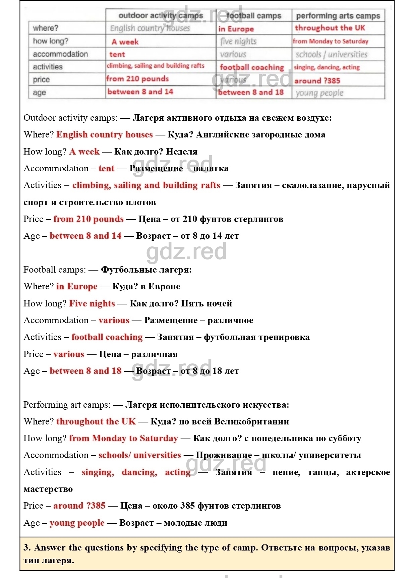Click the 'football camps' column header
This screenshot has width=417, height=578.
tap(254, 16)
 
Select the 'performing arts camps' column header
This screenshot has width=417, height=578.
tap(338, 16)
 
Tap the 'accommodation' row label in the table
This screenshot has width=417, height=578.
tap(60, 54)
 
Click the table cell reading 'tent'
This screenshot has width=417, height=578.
tap(117, 54)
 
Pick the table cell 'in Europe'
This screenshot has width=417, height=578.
tap(236, 29)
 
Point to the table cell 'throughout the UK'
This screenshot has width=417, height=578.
tap(330, 28)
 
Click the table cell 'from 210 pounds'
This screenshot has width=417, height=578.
tap(137, 79)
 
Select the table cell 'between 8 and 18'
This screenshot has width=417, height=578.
tap(251, 92)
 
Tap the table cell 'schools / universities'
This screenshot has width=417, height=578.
tap(331, 54)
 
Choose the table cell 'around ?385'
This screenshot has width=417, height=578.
tap(317, 81)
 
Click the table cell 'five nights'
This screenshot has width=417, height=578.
tap(238, 41)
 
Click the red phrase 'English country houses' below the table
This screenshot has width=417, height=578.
tap(105, 134)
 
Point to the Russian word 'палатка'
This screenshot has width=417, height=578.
tap(211, 168)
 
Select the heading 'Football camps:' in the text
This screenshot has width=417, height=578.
tap(55, 270)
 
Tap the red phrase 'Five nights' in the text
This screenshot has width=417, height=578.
tap(92, 303)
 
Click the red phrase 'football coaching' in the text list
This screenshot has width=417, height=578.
tap(107, 337)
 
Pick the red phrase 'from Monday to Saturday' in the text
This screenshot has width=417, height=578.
tap(123, 438)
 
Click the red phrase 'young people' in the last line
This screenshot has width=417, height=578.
tap(77, 523)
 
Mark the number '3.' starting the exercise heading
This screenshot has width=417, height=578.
tap(27, 547)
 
